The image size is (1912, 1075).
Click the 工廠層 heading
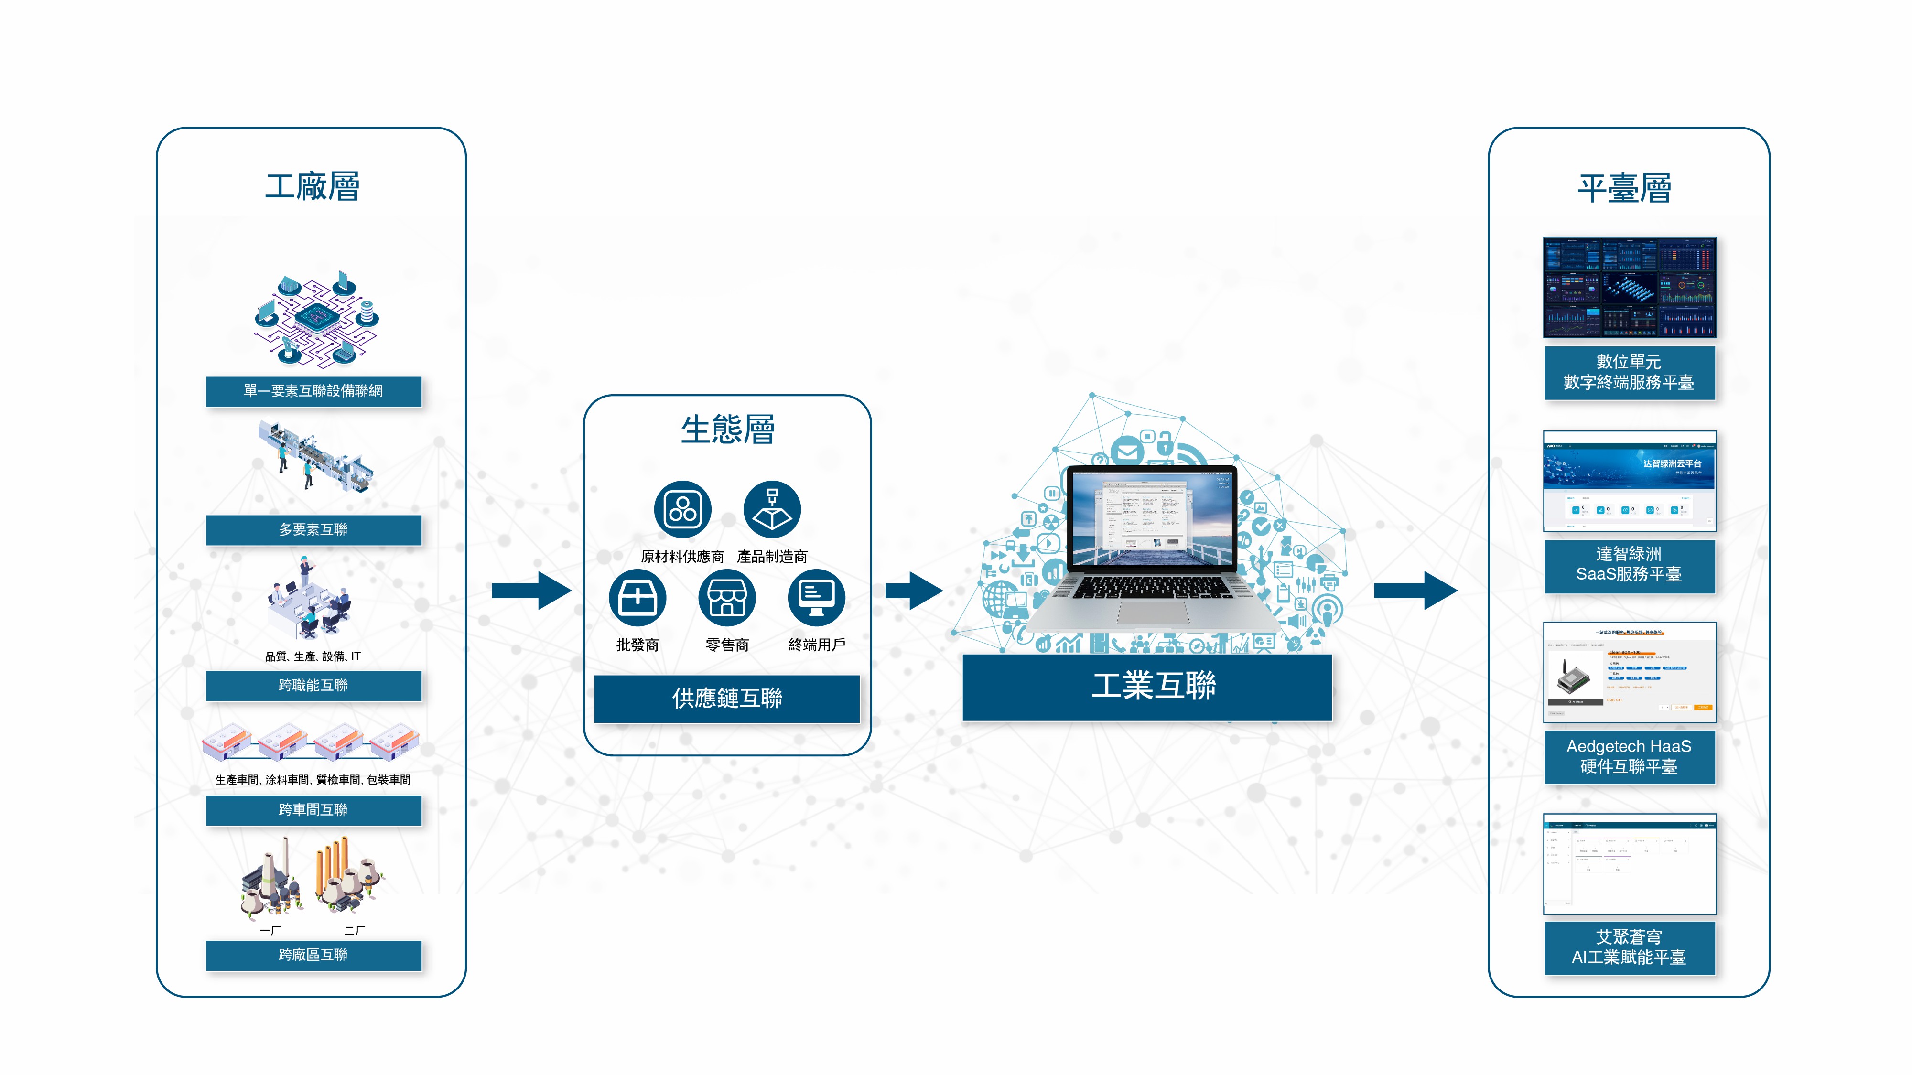[x=313, y=186]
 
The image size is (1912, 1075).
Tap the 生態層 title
[x=727, y=430]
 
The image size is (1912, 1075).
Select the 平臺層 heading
[x=1624, y=188]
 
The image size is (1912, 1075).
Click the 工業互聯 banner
[x=1147, y=686]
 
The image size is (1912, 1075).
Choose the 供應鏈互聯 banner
[x=727, y=698]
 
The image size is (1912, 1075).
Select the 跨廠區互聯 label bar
[x=313, y=955]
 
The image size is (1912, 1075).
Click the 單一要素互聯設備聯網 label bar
[x=313, y=391]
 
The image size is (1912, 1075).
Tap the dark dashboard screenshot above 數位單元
[x=1629, y=288]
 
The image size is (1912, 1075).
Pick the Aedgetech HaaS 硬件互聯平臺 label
[x=1629, y=757]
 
